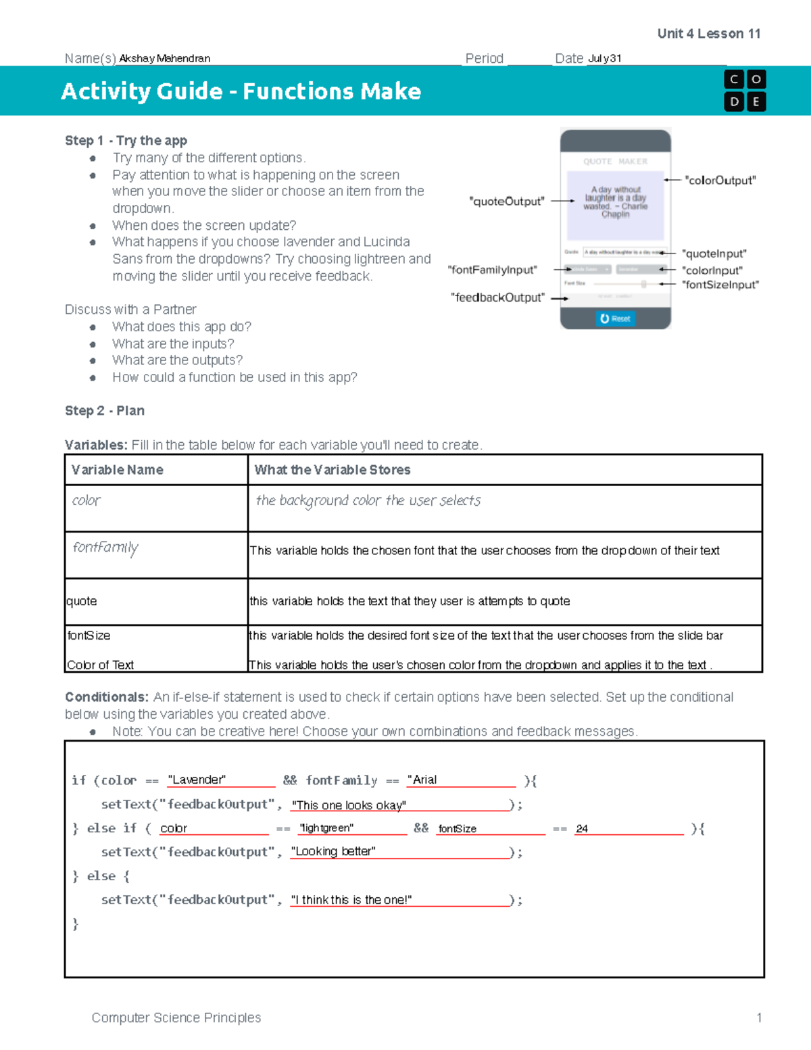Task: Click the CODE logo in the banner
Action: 745,91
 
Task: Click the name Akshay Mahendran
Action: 164,59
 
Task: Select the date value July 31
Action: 604,59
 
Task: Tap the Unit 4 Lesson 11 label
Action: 708,34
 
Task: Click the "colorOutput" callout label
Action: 720,181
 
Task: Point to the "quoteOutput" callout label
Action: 506,201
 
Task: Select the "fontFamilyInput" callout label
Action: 492,270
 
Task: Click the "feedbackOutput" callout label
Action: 497,297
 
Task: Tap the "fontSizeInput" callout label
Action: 720,285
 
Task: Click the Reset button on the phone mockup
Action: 615,318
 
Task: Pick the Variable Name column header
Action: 118,470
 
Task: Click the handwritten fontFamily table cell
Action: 105,547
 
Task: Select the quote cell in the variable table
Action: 82,601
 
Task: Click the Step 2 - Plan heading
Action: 105,411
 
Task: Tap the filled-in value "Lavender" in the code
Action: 197,780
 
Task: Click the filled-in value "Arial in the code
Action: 422,780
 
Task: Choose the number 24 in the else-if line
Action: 582,828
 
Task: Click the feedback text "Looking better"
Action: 333,851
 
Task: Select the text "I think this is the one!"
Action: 351,900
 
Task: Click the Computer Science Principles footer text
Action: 176,1018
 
